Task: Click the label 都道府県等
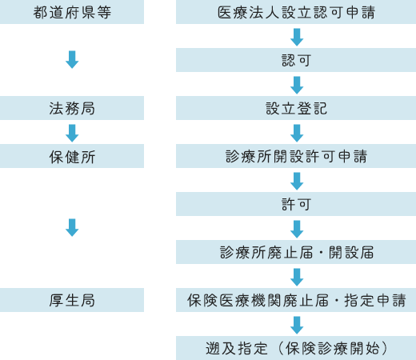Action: coord(72,13)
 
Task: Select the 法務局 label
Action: coord(72,109)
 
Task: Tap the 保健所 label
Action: coord(72,157)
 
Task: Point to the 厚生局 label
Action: coord(72,301)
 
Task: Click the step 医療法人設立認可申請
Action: coord(296,13)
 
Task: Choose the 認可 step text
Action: coord(296,61)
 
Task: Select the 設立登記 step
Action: coord(296,109)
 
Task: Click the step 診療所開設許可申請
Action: coord(296,157)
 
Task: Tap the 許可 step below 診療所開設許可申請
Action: coord(296,205)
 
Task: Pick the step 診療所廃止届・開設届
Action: coord(296,253)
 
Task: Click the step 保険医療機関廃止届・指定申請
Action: coord(296,301)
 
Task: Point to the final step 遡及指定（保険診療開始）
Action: coord(296,348)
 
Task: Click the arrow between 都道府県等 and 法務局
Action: coord(72,60)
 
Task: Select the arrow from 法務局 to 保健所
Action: coord(72,133)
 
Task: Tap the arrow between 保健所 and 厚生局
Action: coord(72,228)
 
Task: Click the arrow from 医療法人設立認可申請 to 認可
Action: coord(297,37)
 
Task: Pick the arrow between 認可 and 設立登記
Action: coord(297,85)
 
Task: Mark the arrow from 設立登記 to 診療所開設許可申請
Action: coord(297,133)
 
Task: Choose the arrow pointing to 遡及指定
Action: coord(297,325)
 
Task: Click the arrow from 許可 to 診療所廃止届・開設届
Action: coord(297,229)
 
